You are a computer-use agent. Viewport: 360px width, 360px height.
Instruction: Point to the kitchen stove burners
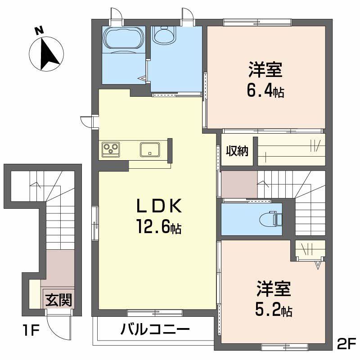110,148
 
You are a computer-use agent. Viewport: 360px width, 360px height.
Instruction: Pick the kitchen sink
149,148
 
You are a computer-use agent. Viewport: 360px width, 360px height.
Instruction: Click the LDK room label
159,207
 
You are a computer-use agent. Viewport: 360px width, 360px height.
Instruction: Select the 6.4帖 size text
265,91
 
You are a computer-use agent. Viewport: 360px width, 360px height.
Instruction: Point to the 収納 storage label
237,151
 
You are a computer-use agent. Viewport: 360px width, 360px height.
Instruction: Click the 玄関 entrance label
58,298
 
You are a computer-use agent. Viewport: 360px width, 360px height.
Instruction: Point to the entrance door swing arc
57,328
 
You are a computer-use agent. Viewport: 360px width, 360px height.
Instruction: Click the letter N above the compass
39,30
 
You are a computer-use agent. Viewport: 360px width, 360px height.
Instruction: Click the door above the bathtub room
118,14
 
